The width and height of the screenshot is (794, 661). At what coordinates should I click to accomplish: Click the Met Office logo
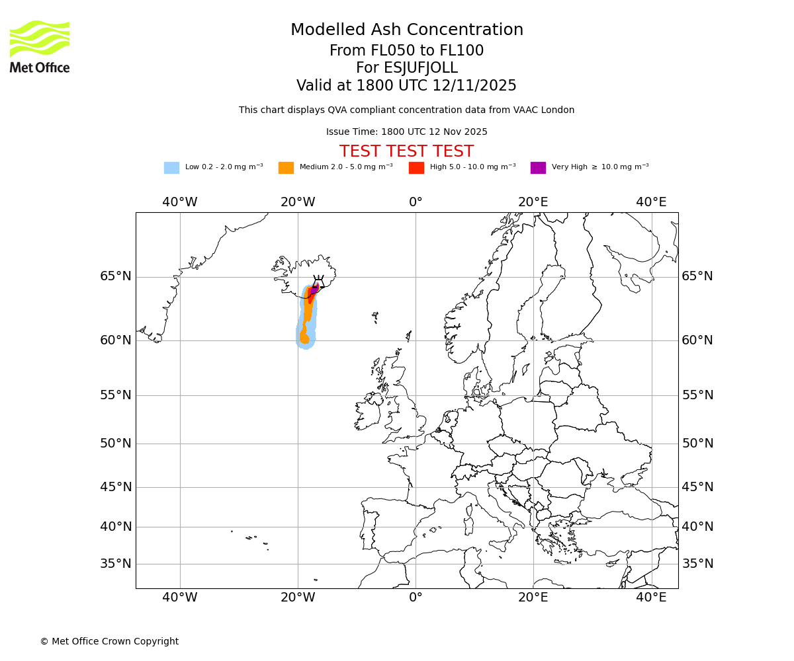(40, 47)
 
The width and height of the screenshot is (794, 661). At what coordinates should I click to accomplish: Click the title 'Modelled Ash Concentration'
(407, 30)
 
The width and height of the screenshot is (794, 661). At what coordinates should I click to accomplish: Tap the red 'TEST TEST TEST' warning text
(406, 151)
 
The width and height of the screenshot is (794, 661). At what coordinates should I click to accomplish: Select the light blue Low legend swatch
(171, 167)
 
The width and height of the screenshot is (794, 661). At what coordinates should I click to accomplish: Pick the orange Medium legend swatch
(286, 167)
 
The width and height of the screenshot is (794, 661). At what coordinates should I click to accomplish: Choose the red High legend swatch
(416, 167)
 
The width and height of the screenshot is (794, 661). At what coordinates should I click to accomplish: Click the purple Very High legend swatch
(538, 167)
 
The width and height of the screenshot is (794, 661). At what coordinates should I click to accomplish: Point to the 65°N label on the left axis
(116, 276)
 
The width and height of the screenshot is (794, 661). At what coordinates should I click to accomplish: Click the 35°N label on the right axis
(697, 564)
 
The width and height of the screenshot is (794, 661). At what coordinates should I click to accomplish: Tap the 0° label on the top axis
(416, 202)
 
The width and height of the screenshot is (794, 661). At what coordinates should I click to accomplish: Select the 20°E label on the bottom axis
(533, 598)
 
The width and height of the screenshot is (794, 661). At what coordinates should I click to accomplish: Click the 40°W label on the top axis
(180, 202)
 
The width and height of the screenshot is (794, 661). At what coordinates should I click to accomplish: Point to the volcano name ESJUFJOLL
(407, 68)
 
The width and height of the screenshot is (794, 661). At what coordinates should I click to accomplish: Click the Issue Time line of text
(406, 132)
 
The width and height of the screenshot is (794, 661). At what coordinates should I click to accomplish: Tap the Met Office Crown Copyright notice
(109, 641)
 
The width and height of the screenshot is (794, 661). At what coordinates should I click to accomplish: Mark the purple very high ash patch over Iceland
(314, 290)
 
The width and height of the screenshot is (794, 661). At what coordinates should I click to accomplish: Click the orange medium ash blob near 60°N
(304, 337)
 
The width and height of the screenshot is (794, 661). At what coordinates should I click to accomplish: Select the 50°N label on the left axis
(116, 444)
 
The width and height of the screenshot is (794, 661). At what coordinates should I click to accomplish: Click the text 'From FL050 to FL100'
(406, 51)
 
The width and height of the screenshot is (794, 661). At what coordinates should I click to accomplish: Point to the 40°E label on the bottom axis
(651, 598)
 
